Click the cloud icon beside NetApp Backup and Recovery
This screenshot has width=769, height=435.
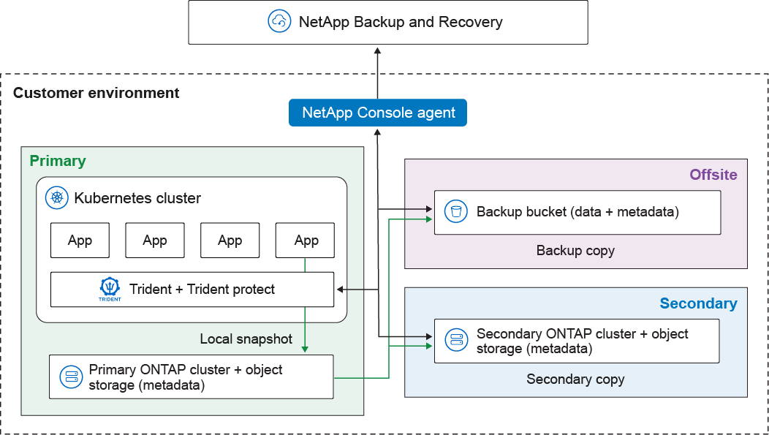[x=280, y=22]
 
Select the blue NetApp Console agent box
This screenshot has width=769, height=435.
[x=378, y=113]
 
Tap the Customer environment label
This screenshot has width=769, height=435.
[x=96, y=93]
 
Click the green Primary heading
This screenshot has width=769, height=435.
[x=58, y=161]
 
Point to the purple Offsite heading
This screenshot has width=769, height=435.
[x=713, y=175]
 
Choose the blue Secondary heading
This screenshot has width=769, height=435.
[x=698, y=303]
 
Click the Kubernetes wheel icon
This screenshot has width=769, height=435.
[x=56, y=197]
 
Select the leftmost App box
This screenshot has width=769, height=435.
[x=80, y=241]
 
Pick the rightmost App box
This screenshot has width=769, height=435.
[x=306, y=241]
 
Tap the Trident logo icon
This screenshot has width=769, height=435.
[x=110, y=289]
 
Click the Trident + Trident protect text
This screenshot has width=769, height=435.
[x=202, y=290]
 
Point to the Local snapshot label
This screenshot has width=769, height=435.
[x=246, y=339]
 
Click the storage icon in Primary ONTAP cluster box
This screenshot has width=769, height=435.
[x=72, y=377]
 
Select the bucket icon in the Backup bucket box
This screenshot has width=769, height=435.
[x=456, y=212]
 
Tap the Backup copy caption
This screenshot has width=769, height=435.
[x=575, y=251]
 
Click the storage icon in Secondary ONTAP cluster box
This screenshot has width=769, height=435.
[x=456, y=340]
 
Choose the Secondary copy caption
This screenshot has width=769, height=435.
[x=575, y=379]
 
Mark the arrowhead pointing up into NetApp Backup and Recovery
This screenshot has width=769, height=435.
[x=377, y=51]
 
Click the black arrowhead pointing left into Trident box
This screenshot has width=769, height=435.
[x=340, y=290]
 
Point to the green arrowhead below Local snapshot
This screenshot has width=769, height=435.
[x=305, y=349]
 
